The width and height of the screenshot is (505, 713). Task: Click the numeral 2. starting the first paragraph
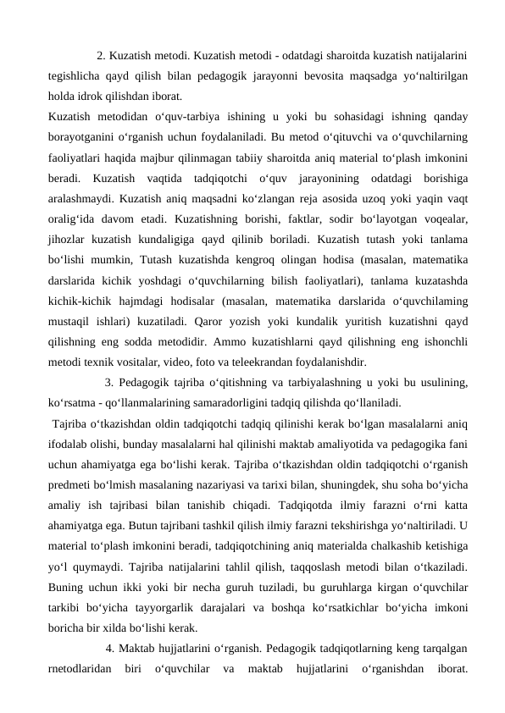(102, 57)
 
